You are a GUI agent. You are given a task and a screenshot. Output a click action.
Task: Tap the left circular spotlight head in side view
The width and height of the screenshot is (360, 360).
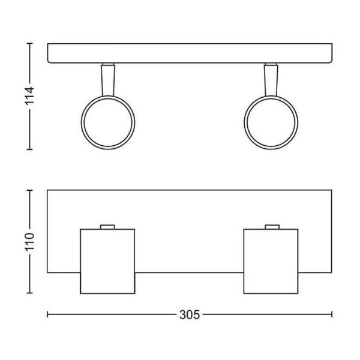click(x=107, y=123)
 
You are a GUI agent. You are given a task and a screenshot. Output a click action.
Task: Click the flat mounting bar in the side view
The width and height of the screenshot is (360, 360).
click(x=190, y=53)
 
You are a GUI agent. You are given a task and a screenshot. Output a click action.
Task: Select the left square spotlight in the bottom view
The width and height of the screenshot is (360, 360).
click(x=107, y=261)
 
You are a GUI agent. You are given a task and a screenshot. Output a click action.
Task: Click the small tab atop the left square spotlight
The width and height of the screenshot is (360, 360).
click(x=107, y=226)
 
